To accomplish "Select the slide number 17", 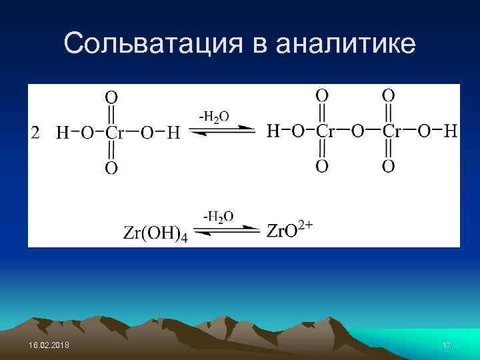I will pos(447,345).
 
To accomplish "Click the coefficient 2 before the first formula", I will pos(37,133).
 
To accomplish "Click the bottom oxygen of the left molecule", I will pos(111,167).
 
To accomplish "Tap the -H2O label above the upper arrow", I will pos(213,116).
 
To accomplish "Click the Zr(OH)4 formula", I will pos(155,233).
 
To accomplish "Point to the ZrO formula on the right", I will pos(281,231).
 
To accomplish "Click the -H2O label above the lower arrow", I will pos(218,216).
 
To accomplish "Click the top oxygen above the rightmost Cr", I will pos(388,95).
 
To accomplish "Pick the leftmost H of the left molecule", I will pos(62,133).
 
